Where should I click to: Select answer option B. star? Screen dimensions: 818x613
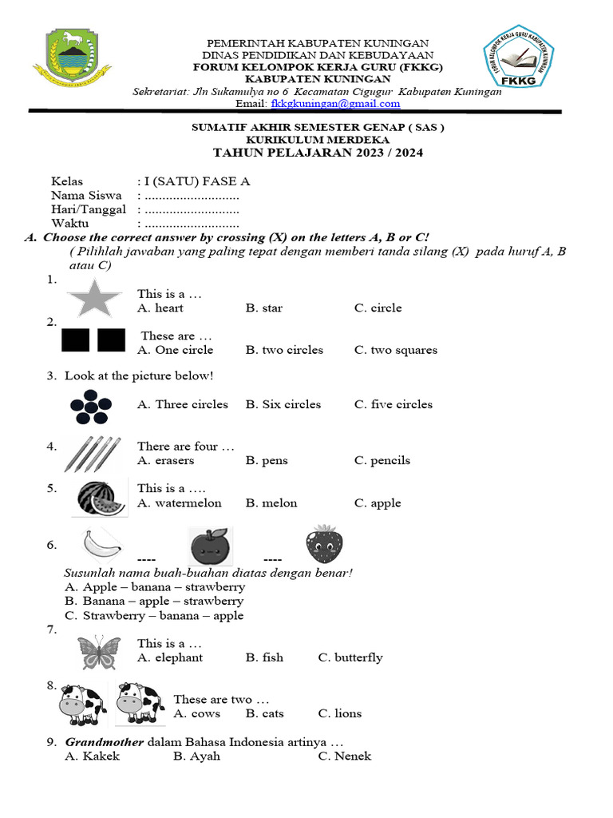[263, 308]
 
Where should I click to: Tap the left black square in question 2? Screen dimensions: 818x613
[76, 340]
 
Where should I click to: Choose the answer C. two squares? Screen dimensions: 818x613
[395, 350]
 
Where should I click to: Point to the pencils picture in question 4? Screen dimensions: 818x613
[93, 453]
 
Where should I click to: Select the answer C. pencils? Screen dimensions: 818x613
[382, 461]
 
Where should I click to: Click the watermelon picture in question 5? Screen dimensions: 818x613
[99, 498]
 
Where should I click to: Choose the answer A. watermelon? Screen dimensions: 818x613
[179, 503]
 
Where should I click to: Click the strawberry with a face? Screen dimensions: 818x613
[324, 545]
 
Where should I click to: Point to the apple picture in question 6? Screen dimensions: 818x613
[210, 546]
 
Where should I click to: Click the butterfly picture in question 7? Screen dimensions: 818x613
[100, 653]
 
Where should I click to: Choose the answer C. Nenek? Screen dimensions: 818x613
[344, 756]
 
